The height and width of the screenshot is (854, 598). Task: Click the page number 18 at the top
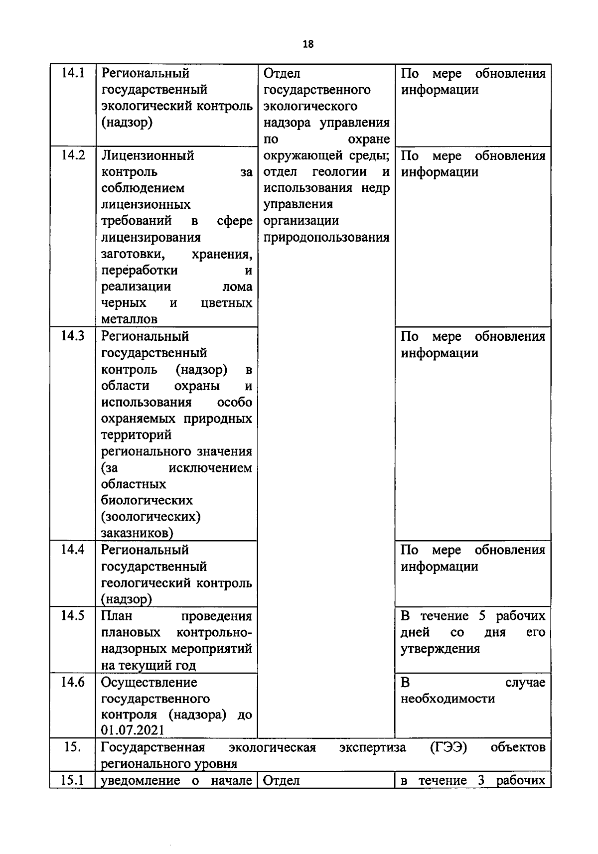click(x=308, y=44)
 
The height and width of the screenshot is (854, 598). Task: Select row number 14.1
click(x=73, y=73)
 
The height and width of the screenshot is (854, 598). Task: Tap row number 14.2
click(x=73, y=155)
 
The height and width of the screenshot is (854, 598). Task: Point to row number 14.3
click(x=73, y=336)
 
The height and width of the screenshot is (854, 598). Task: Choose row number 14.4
click(x=73, y=550)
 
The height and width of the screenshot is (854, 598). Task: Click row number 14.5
click(x=73, y=616)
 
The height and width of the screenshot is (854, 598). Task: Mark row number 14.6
click(x=73, y=682)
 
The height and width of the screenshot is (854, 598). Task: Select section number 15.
click(x=73, y=747)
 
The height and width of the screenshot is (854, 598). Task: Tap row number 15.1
click(x=73, y=780)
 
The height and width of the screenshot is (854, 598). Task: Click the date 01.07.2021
click(x=133, y=731)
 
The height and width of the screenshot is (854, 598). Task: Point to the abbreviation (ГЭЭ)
click(x=448, y=747)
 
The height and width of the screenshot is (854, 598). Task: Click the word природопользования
click(x=326, y=237)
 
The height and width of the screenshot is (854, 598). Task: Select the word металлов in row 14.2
click(x=129, y=319)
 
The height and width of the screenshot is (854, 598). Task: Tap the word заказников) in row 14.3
click(x=137, y=533)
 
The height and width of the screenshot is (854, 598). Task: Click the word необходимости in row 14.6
click(x=448, y=699)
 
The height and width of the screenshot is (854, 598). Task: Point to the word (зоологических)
click(x=150, y=517)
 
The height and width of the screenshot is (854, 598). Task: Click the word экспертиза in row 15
click(x=372, y=747)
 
